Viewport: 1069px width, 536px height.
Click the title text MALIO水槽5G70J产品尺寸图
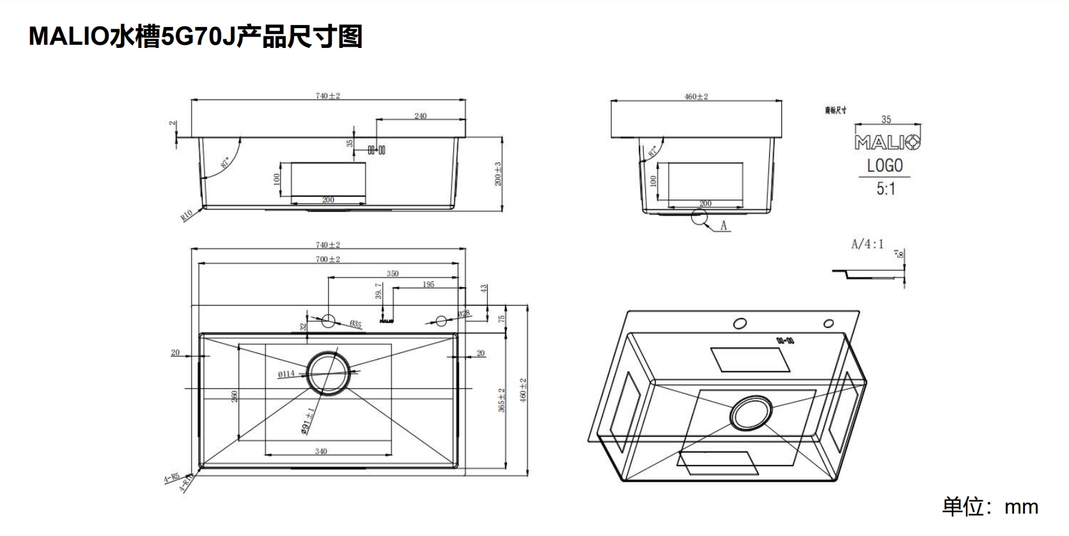pos(196,36)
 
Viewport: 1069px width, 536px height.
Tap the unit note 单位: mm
pos(990,507)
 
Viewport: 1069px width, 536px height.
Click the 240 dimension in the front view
pos(420,116)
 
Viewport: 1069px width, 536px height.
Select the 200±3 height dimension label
pos(498,174)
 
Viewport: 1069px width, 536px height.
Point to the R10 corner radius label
pos(187,216)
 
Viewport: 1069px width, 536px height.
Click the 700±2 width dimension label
pos(328,259)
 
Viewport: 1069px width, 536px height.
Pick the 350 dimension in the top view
pos(393,273)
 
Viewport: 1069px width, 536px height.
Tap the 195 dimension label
pos(428,284)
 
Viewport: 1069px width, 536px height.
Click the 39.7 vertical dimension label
pos(378,291)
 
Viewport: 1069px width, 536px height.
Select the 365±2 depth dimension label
pos(502,400)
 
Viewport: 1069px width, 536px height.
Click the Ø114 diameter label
pos(286,374)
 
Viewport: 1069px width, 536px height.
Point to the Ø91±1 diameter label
pos(307,420)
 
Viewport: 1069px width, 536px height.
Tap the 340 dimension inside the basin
pos(321,451)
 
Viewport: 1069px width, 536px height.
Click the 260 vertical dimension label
pos(235,396)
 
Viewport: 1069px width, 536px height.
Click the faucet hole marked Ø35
pos(329,320)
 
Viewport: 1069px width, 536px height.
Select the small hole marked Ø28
pos(441,320)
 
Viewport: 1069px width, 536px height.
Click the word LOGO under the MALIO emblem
pos(885,166)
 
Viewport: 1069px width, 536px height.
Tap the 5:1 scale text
pos(886,189)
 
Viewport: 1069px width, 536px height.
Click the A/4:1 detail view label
pos(867,244)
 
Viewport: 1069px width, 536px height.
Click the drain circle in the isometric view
pos(751,413)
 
